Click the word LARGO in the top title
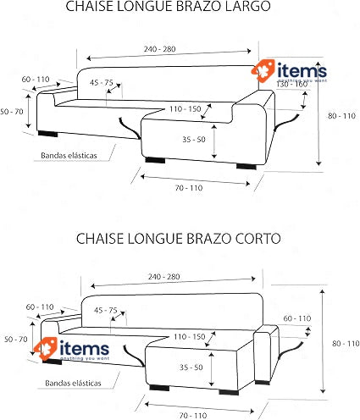point(248,6)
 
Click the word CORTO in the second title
point(258,239)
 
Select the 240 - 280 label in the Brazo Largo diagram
point(160,49)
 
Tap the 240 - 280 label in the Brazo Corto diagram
point(164,277)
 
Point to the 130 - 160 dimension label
point(291,85)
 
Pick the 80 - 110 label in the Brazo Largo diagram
point(341,116)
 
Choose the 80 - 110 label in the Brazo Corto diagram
point(346,344)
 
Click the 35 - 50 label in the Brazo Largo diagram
point(194,140)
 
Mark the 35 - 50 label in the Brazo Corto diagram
point(191,367)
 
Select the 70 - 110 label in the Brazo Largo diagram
point(189,188)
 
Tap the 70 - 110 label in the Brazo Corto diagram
point(193,416)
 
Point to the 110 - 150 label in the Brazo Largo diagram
point(186,109)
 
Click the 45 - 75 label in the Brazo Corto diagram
point(106,310)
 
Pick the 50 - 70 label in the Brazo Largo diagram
point(12,112)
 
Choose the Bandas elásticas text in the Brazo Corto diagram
point(73,383)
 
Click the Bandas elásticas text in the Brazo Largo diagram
point(69,155)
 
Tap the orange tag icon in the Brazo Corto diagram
point(46,348)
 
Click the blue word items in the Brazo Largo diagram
point(302,70)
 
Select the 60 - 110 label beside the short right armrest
point(297,318)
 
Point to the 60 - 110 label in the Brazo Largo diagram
point(36,80)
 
